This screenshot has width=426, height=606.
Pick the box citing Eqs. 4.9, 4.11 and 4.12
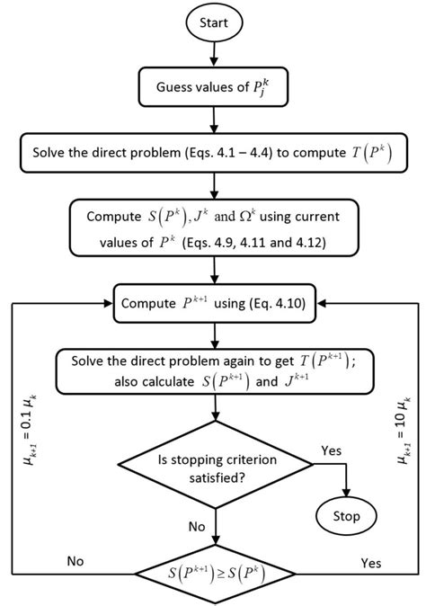point(213,228)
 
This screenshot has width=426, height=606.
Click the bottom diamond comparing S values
point(213,569)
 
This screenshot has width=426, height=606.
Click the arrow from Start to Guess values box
point(213,58)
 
